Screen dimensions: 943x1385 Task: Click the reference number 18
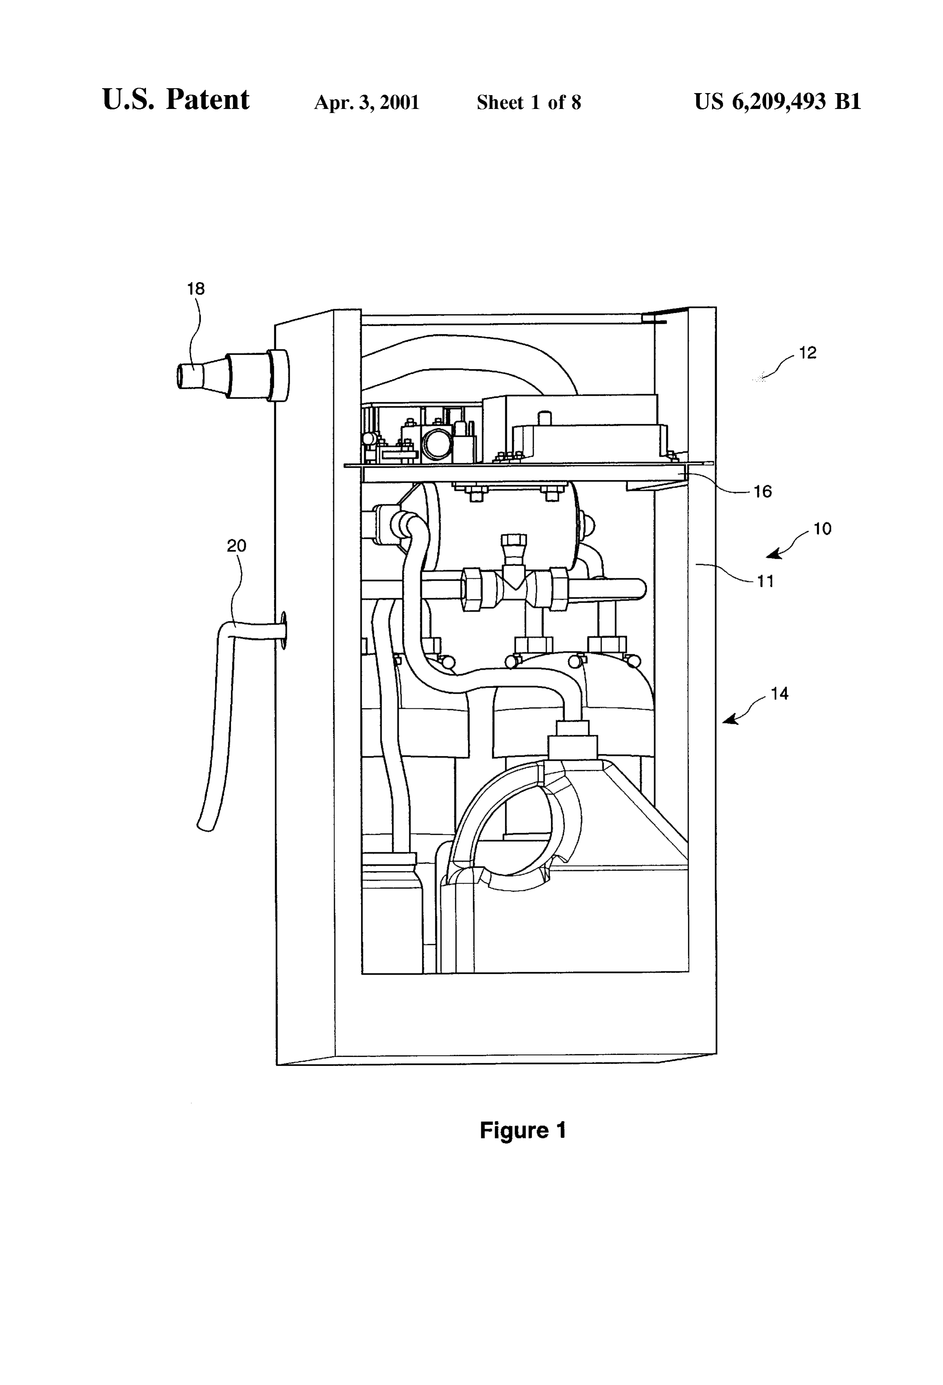point(196,289)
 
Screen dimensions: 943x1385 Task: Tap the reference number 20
point(236,545)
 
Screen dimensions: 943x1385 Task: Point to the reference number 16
point(763,492)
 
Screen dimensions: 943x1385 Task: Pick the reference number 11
point(765,581)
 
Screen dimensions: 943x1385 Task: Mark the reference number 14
point(779,694)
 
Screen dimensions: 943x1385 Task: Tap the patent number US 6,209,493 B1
point(777,102)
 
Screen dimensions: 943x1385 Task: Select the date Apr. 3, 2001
point(367,102)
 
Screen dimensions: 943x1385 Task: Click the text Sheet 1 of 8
point(529,102)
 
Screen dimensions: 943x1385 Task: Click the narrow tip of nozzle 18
point(179,377)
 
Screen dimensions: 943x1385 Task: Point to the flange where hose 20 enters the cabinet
point(282,630)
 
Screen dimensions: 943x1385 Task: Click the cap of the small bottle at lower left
point(390,858)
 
